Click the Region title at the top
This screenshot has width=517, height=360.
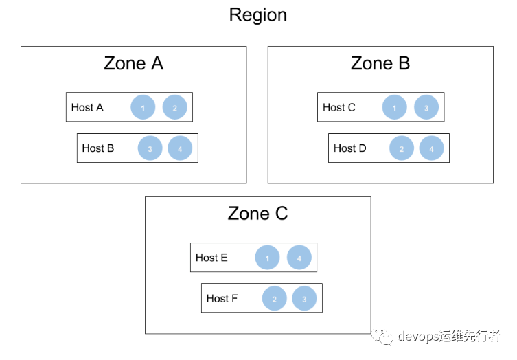point(258,16)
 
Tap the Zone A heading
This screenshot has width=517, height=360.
point(133,63)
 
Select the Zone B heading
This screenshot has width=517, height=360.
point(380,63)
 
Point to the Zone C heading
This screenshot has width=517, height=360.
point(257,213)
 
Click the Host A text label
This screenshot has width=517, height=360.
point(87,107)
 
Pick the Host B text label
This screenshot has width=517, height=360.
point(98,148)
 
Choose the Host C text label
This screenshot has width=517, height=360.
point(339,107)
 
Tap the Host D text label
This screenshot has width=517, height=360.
point(350,148)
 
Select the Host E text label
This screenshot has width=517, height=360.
point(211,258)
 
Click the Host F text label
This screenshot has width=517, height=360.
point(222,298)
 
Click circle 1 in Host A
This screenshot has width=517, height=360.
point(143,107)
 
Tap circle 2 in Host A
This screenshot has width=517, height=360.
point(175,107)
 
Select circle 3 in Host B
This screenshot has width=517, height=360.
point(150,148)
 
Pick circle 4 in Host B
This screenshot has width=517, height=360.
point(180,148)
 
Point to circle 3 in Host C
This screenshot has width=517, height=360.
point(426,107)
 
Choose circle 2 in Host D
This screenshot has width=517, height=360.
point(402,148)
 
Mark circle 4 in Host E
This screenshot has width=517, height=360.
point(299,258)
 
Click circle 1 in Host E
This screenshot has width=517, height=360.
point(267,258)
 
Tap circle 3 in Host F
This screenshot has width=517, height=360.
point(304,298)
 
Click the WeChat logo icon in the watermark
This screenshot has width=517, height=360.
point(382,336)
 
